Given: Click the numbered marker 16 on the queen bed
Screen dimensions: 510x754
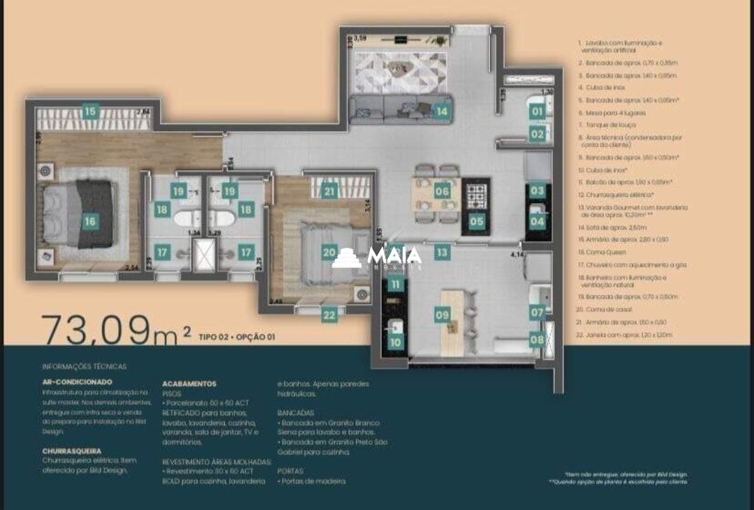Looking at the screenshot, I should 90,222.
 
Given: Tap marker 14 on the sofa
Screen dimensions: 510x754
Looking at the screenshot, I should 441,111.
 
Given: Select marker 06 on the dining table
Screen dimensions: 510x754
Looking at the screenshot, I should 441,191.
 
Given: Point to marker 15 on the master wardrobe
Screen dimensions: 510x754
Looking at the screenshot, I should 90,111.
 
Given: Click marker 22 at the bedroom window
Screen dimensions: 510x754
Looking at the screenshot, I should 330,315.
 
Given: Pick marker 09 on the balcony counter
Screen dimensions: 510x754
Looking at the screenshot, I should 441,315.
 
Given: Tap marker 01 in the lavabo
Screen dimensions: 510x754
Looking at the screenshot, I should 536,111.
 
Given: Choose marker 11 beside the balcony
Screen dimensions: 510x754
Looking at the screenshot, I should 396,284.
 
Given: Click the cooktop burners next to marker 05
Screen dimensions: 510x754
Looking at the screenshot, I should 477,196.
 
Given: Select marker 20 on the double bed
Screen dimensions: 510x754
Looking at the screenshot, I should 330,253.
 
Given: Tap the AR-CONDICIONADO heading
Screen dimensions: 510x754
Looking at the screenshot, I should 77,382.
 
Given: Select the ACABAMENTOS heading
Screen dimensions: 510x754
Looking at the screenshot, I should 188,384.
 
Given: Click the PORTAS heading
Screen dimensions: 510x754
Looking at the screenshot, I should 290,471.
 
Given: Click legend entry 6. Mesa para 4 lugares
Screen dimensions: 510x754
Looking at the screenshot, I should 612,112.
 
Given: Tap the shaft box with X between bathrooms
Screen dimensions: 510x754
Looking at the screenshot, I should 204,255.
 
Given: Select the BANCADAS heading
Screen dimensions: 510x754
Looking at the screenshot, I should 296,412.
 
